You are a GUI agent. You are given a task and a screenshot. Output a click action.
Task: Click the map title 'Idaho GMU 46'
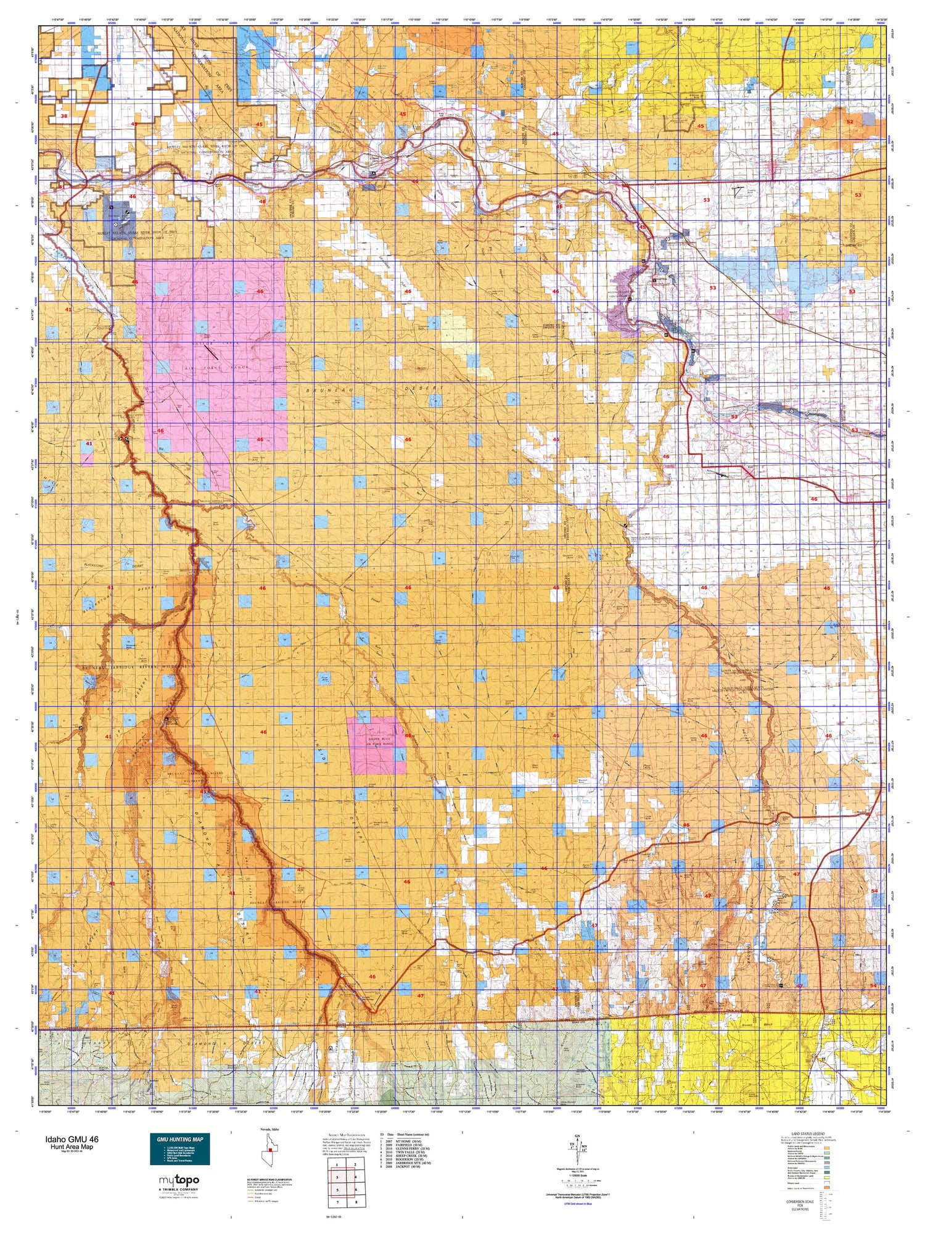pyautogui.click(x=71, y=1139)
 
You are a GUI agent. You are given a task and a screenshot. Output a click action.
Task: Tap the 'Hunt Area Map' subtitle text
pyautogui.click(x=72, y=1147)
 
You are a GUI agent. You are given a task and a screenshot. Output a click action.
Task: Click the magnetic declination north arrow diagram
pyautogui.click(x=577, y=1146)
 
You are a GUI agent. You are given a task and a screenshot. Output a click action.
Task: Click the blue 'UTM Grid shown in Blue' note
pyautogui.click(x=576, y=1204)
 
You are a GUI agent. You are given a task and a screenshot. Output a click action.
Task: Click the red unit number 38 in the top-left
pyautogui.click(x=64, y=116)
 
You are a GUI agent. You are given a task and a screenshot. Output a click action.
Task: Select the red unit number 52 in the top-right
pyautogui.click(x=849, y=122)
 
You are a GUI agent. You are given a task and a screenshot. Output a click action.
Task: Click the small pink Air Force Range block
pyautogui.click(x=376, y=745)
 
